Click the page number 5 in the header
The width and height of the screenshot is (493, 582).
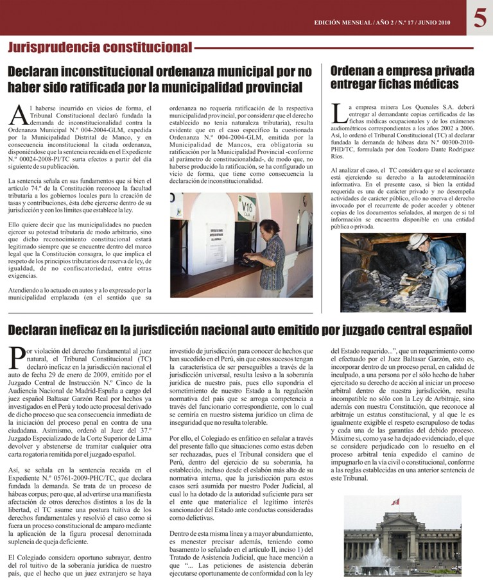coord(480,18)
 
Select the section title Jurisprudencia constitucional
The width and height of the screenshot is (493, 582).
coord(99,47)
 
